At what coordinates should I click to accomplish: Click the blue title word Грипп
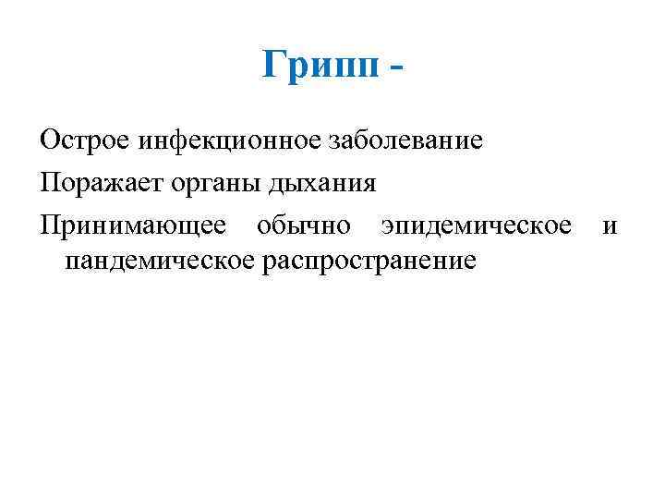(x=320, y=66)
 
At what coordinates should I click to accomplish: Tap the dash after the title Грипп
(x=397, y=69)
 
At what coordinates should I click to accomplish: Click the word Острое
(x=85, y=141)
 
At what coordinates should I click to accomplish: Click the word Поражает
(x=99, y=182)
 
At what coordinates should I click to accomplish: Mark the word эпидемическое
(x=477, y=225)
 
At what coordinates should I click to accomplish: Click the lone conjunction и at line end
(x=610, y=225)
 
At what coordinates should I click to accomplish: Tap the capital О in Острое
(x=49, y=140)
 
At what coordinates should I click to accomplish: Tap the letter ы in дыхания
(x=291, y=183)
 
